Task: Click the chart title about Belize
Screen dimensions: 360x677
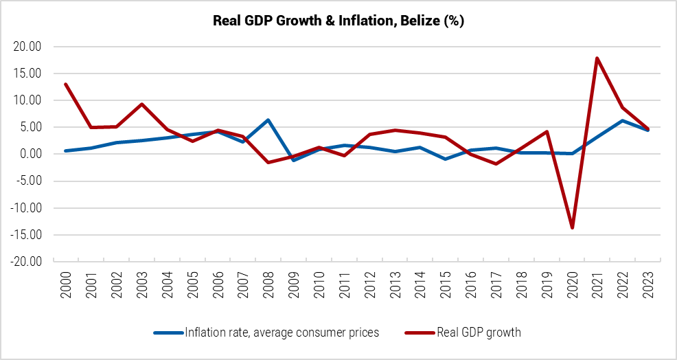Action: click(338, 21)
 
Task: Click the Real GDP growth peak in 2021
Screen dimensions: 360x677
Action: click(597, 58)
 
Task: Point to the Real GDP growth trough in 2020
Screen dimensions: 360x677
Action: click(571, 227)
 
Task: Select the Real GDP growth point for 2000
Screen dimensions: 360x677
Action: click(65, 84)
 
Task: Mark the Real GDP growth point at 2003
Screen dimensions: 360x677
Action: click(141, 104)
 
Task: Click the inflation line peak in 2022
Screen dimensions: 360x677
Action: click(623, 120)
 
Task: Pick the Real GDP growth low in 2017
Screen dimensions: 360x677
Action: click(495, 164)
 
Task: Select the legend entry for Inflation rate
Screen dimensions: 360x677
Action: click(282, 333)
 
